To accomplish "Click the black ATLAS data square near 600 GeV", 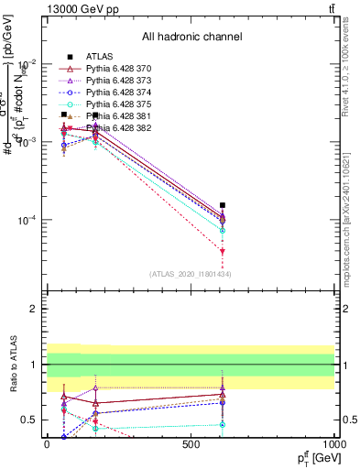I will [x=223, y=205].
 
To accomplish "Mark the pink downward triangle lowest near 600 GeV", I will [x=223, y=251].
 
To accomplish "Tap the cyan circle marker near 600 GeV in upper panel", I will [x=223, y=231].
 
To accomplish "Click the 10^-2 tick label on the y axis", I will [x=27, y=63].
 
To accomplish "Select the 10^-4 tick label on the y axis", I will [x=27, y=221].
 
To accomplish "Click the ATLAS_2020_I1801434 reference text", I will [x=191, y=274].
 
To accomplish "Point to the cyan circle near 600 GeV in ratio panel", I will [x=223, y=424].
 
